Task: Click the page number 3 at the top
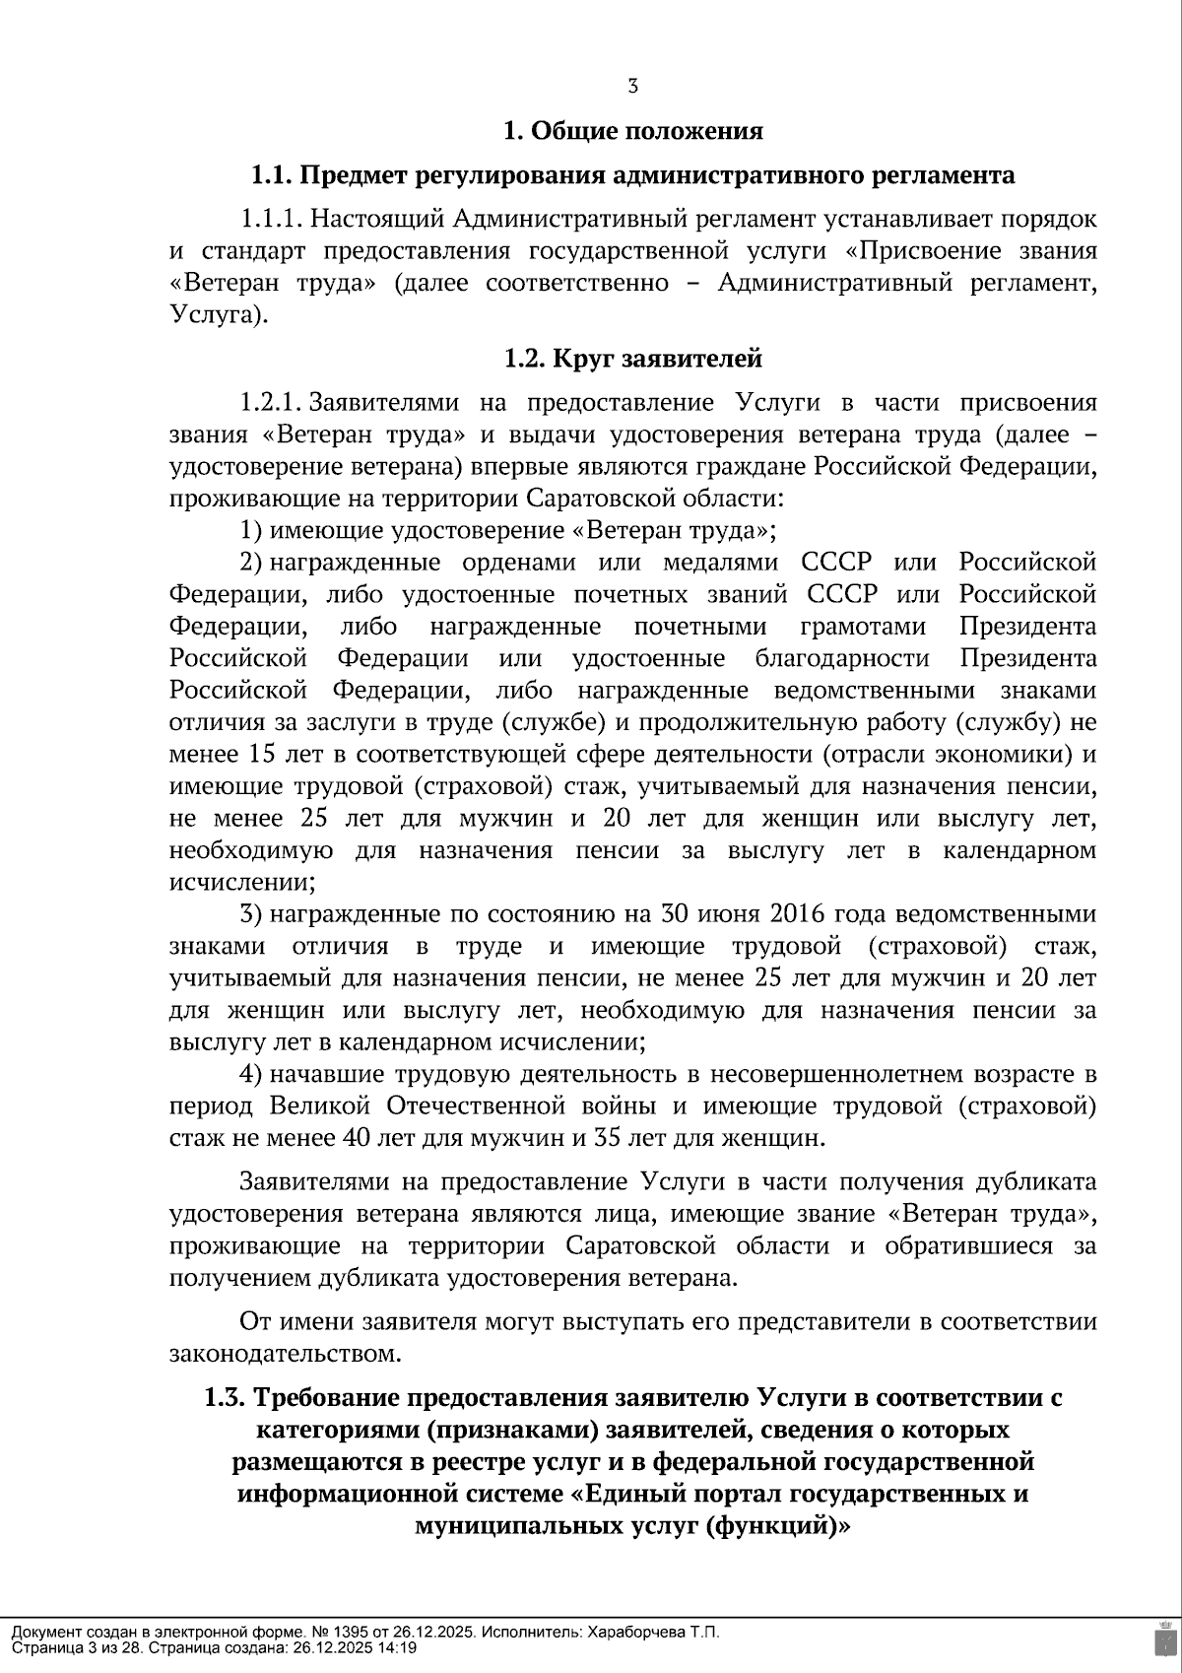coord(632,86)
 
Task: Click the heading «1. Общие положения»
coord(632,130)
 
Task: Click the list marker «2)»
coord(251,563)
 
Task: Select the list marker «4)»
coord(251,1074)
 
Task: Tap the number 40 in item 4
coord(354,1138)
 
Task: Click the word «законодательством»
coord(286,1354)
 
